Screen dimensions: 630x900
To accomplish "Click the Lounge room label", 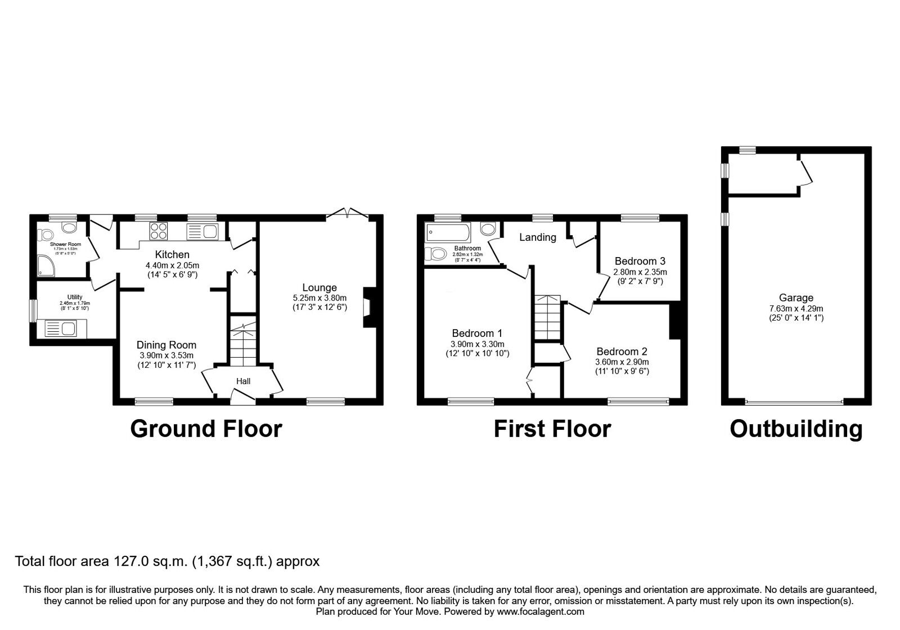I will point(319,288).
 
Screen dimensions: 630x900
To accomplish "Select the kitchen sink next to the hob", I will point(202,231).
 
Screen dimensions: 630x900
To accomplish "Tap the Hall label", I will point(243,381).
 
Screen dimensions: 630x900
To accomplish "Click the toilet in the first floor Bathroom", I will point(436,254).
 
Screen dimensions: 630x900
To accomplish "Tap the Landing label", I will point(537,237).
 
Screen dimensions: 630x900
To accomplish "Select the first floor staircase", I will point(547,318).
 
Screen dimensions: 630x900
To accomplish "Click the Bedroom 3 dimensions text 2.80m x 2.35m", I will point(640,272).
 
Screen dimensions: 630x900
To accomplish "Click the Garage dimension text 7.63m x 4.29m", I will point(795,308).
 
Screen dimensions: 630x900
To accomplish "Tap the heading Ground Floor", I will point(206,429).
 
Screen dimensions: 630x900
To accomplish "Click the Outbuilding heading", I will point(795,429).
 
